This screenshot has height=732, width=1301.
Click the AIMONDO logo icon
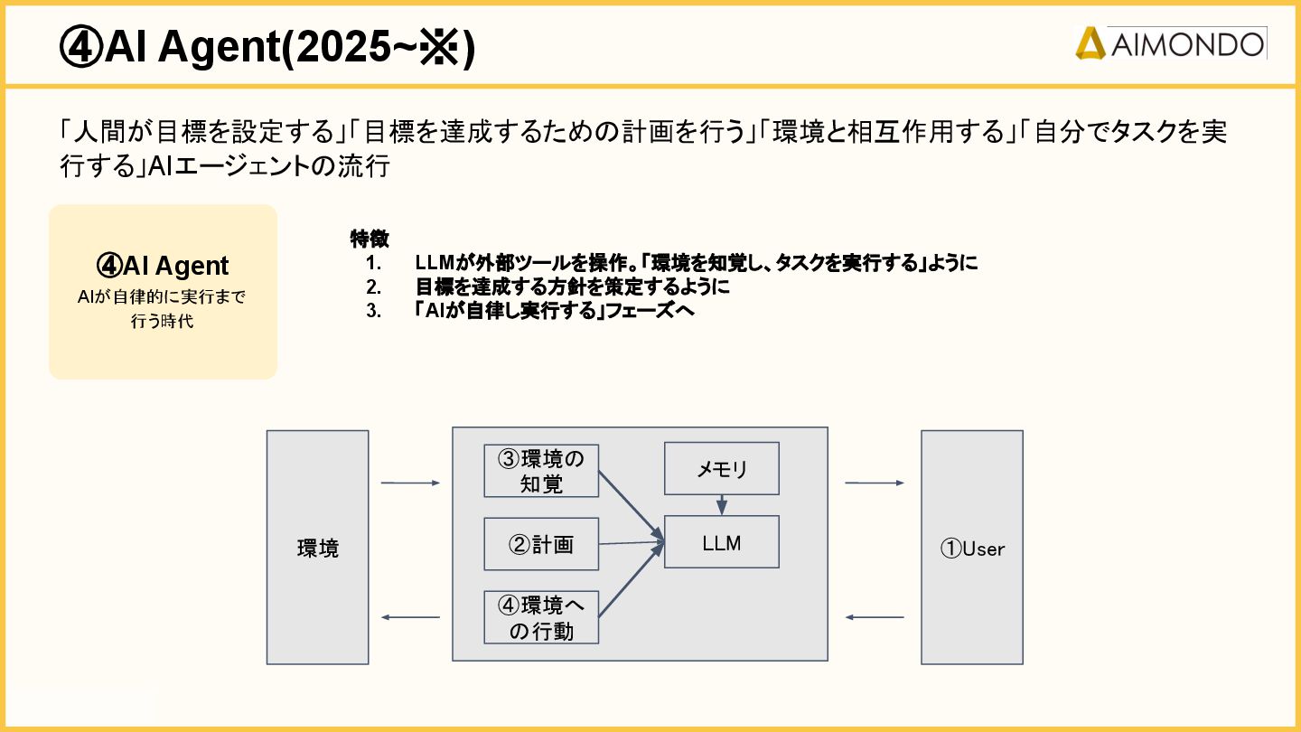pos(1090,43)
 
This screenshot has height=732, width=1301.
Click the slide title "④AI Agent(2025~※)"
pos(267,48)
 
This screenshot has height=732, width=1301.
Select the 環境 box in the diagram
pos(317,547)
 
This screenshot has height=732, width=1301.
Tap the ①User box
pos(972,548)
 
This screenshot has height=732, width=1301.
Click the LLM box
pos(721,542)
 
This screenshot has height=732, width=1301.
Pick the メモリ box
pos(721,469)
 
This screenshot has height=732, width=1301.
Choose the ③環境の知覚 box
pos(541,471)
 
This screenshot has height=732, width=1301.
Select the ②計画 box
pos(541,544)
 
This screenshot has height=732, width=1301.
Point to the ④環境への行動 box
pos(541,617)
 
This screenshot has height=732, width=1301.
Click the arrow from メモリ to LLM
pos(721,504)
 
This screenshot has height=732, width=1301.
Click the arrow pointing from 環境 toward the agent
pos(410,483)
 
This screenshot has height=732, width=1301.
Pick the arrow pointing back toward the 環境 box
pos(410,617)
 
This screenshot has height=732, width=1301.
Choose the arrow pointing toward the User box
pos(874,483)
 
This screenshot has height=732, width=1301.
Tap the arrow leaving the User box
pos(874,617)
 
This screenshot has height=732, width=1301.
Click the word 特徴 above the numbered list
pos(370,239)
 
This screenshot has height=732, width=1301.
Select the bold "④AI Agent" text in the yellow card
pos(163,266)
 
